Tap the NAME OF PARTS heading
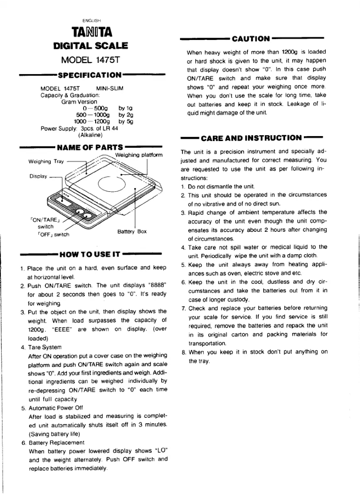pos(90,147)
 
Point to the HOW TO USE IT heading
pos(89,254)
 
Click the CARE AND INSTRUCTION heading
pos(251,138)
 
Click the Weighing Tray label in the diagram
pos(46,161)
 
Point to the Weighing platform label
pos(139,155)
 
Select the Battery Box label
pos(132,231)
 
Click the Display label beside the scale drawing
pos(38,176)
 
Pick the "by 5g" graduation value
pos(126,121)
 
